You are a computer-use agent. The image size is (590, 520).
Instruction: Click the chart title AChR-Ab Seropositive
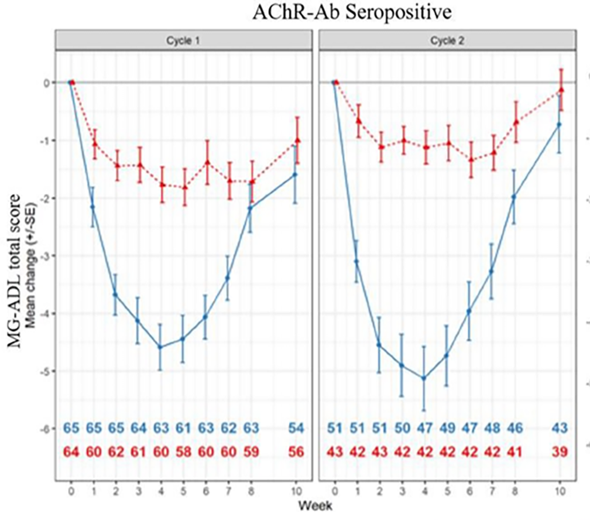[x=352, y=13]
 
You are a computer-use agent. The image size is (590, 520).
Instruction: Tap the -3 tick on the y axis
[x=46, y=256]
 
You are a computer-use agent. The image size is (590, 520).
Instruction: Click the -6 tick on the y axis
[x=46, y=429]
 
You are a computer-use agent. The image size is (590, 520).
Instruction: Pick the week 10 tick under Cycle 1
[x=297, y=490]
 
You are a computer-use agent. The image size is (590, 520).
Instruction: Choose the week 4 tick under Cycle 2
[x=424, y=490]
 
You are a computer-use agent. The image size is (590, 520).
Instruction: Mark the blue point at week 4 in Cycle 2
[x=424, y=378]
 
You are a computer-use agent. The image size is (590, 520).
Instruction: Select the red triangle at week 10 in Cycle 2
[x=560, y=90]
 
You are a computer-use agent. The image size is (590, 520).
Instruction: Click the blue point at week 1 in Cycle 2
[x=356, y=262]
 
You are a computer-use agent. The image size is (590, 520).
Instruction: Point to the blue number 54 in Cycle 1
[x=297, y=429]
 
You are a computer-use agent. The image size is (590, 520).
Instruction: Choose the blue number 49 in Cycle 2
[x=447, y=429]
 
